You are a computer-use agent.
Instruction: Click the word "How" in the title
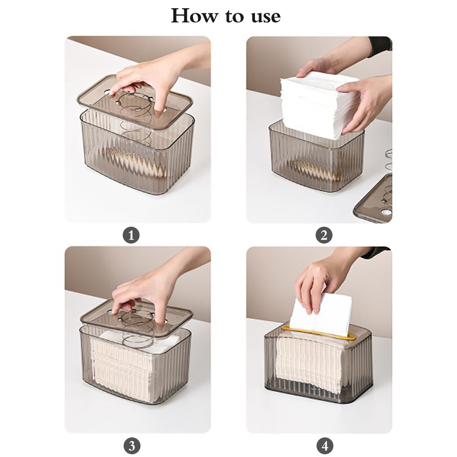194,16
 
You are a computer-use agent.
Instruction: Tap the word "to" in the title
234,16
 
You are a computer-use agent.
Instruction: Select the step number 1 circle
131,235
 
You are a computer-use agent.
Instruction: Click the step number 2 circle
324,235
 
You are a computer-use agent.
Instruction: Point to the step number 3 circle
132,446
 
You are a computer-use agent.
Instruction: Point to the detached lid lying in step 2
374,198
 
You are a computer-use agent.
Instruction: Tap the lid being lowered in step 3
136,318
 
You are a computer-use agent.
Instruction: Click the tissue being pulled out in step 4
321,315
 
